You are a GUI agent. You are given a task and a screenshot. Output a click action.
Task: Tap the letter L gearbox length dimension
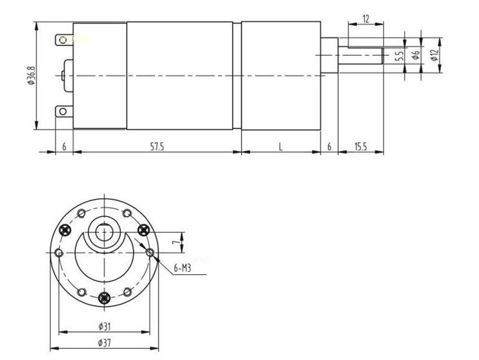point(281,147)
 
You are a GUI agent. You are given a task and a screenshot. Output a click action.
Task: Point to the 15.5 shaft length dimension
point(360,147)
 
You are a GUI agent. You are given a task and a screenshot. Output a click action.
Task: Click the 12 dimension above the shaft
point(366,19)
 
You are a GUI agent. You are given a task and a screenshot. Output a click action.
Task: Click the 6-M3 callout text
point(182,268)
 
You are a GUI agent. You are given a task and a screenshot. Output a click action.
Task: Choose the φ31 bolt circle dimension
point(103,325)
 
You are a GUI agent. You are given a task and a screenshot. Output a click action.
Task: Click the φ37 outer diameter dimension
point(103,341)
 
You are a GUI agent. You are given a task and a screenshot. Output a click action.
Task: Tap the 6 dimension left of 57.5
point(64,147)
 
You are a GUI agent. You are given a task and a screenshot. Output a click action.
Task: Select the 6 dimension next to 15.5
point(329,147)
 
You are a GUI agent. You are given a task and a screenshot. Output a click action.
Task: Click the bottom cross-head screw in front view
point(103,298)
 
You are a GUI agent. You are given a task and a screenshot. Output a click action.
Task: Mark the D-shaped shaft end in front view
point(104,230)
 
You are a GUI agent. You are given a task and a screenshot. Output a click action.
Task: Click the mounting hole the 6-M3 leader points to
point(150,253)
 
